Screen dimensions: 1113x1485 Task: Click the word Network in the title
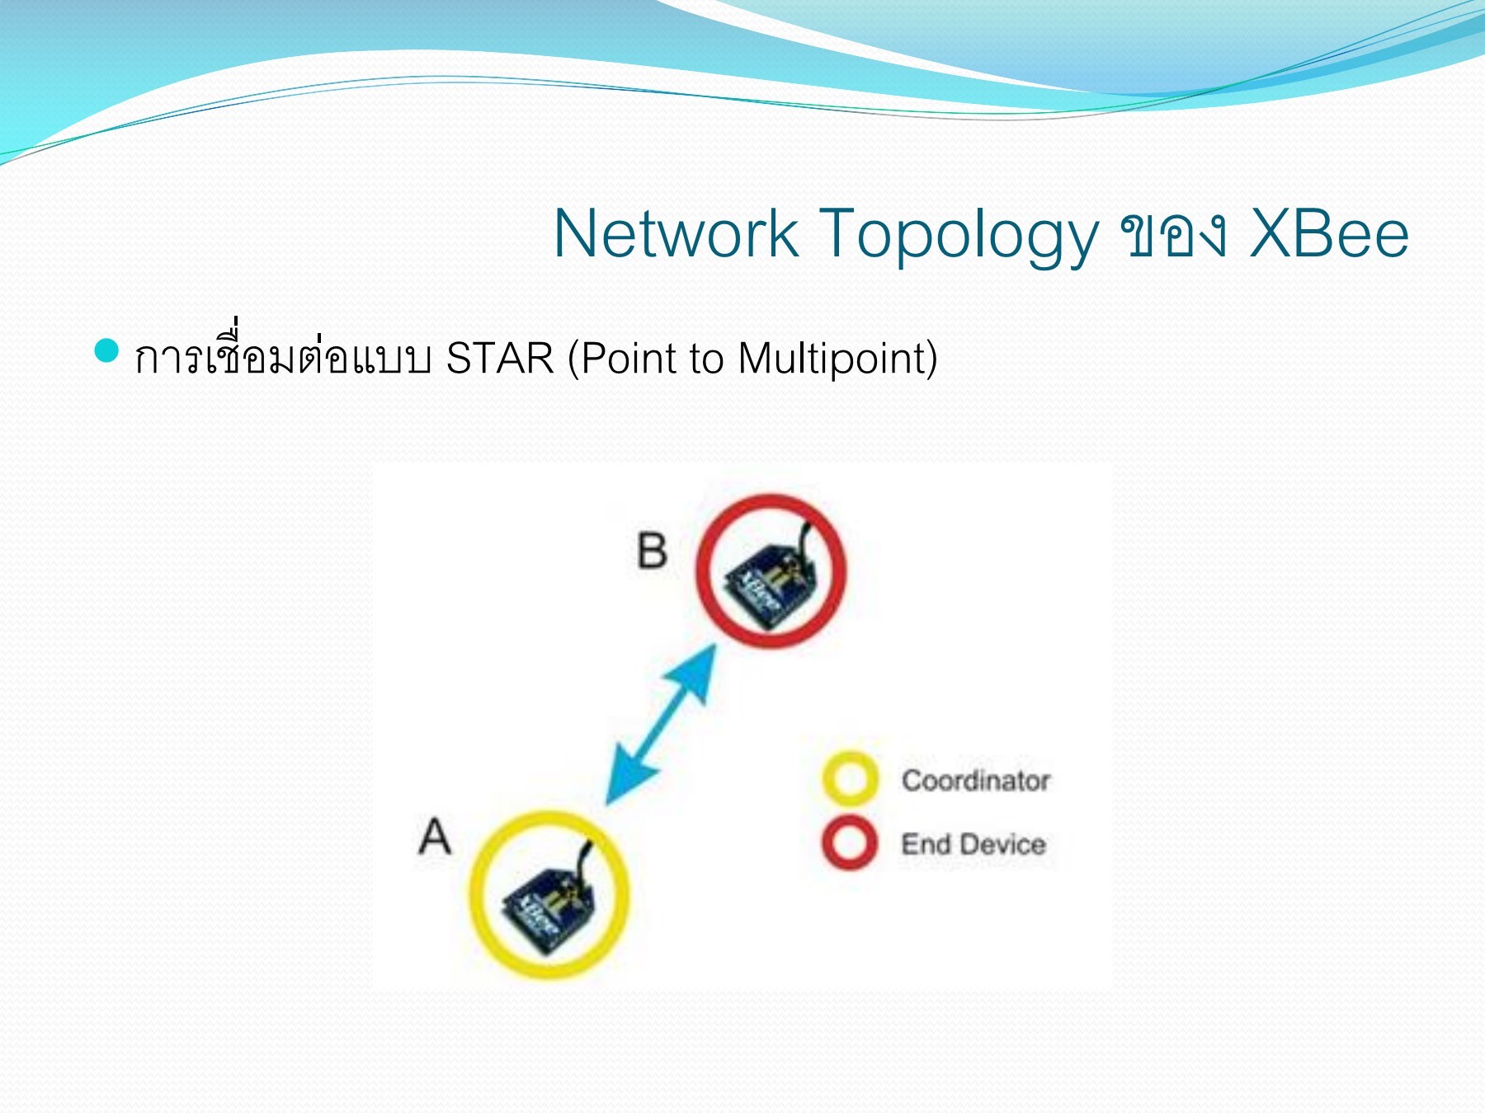[675, 234]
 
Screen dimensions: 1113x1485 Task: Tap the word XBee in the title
[1329, 234]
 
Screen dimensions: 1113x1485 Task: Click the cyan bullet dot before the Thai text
[107, 350]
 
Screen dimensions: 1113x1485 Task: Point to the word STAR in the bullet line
[500, 359]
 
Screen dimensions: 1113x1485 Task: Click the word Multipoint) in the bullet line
[837, 359]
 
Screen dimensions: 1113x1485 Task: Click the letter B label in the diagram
[652, 550]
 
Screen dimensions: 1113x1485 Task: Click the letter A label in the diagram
[435, 836]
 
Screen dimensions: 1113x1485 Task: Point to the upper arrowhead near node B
[697, 669]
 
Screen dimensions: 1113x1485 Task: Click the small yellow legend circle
[850, 778]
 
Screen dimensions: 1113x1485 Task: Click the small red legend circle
[850, 843]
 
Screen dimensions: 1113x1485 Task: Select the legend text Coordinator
[975, 780]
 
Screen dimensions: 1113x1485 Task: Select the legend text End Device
[973, 844]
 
